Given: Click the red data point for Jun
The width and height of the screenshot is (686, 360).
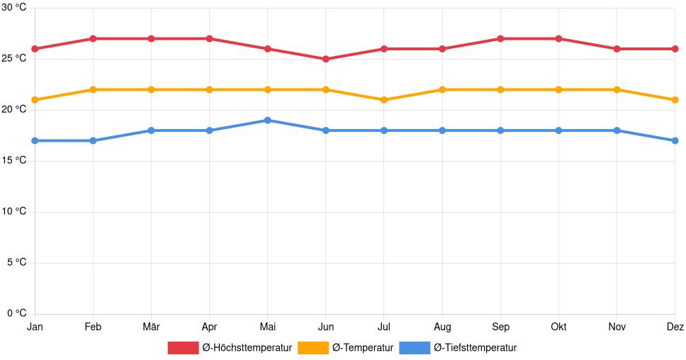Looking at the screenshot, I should coord(325,59).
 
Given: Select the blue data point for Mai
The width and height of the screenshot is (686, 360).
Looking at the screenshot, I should coord(267,120).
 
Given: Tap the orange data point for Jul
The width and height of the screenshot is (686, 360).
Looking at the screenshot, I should coord(384,100).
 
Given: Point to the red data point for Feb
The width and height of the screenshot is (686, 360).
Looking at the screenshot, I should coord(93,38).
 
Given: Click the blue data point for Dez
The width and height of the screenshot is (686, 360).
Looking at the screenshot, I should coord(675,140).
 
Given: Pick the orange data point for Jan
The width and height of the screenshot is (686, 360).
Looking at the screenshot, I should coord(35,100).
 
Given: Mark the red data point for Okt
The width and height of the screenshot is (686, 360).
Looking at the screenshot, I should coord(558,38).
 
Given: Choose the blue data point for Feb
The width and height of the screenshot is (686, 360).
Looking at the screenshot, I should coord(93,140).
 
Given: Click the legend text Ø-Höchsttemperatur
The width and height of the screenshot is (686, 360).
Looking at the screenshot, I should coord(247,348).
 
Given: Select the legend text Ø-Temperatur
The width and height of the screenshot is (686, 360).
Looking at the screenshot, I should coord(362,348).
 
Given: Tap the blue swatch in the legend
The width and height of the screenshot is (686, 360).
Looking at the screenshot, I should coord(415,348).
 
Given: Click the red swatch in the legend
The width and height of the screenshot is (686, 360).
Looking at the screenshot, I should coord(183,348).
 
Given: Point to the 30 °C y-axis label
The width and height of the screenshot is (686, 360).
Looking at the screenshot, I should coord(13,7).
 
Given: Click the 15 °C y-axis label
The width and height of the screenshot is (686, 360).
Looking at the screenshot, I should coord(13,161).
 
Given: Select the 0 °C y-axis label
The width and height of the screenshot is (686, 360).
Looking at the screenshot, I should coord(16,314).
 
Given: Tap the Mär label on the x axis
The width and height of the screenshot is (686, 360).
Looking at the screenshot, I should coord(151,327).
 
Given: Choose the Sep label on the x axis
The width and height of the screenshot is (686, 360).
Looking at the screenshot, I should coord(500,327).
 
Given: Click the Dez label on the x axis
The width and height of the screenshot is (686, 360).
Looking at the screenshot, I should coord(675,327).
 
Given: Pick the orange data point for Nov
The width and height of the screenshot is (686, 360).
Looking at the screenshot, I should coord(617,89).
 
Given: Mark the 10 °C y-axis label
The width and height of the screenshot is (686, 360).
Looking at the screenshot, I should coord(13,212).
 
